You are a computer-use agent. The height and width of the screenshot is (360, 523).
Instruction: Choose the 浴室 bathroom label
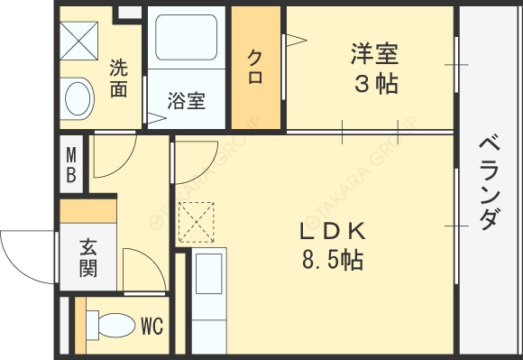187,100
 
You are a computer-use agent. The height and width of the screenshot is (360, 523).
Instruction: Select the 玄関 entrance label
88,256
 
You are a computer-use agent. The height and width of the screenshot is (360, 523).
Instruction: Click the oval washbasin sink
78,97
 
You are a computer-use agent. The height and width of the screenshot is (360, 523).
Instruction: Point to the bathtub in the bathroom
187,42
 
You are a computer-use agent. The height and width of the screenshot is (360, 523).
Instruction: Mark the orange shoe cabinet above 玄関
88,210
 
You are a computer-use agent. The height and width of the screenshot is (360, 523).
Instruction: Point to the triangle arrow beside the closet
295,39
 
